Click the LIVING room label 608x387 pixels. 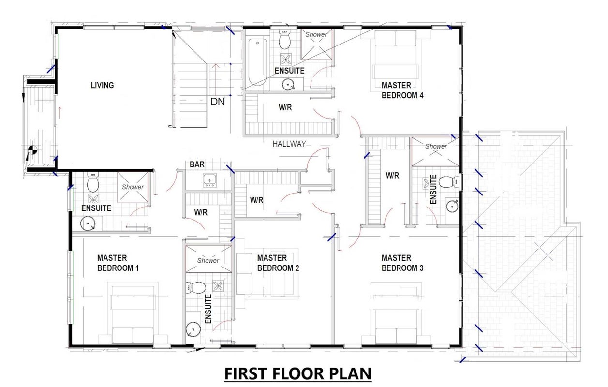(103, 85)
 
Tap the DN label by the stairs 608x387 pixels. (218, 102)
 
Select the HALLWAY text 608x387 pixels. (289, 144)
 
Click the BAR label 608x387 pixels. (197, 164)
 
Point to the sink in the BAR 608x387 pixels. (209, 180)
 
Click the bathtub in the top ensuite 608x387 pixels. (257, 62)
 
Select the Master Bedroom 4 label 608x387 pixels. (402, 90)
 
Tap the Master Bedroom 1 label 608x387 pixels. (118, 263)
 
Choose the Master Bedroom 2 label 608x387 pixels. (278, 263)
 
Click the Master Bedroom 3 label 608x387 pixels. (402, 263)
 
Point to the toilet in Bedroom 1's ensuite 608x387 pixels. (93, 182)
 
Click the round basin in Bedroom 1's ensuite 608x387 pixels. (88, 224)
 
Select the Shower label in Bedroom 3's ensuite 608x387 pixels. (436, 146)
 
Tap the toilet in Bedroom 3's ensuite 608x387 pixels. (448, 181)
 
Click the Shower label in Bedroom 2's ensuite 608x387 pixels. (208, 261)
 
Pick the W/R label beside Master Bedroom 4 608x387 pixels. (285, 107)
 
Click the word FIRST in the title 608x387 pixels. (246, 373)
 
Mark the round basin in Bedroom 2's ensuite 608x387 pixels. (193, 329)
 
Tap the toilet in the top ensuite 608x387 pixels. (284, 39)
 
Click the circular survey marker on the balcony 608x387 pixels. (33, 149)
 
